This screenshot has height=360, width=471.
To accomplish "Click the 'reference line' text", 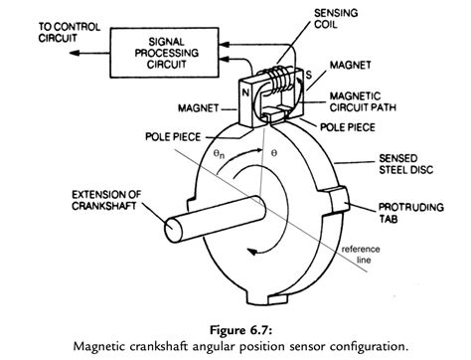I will (x=365, y=256).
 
